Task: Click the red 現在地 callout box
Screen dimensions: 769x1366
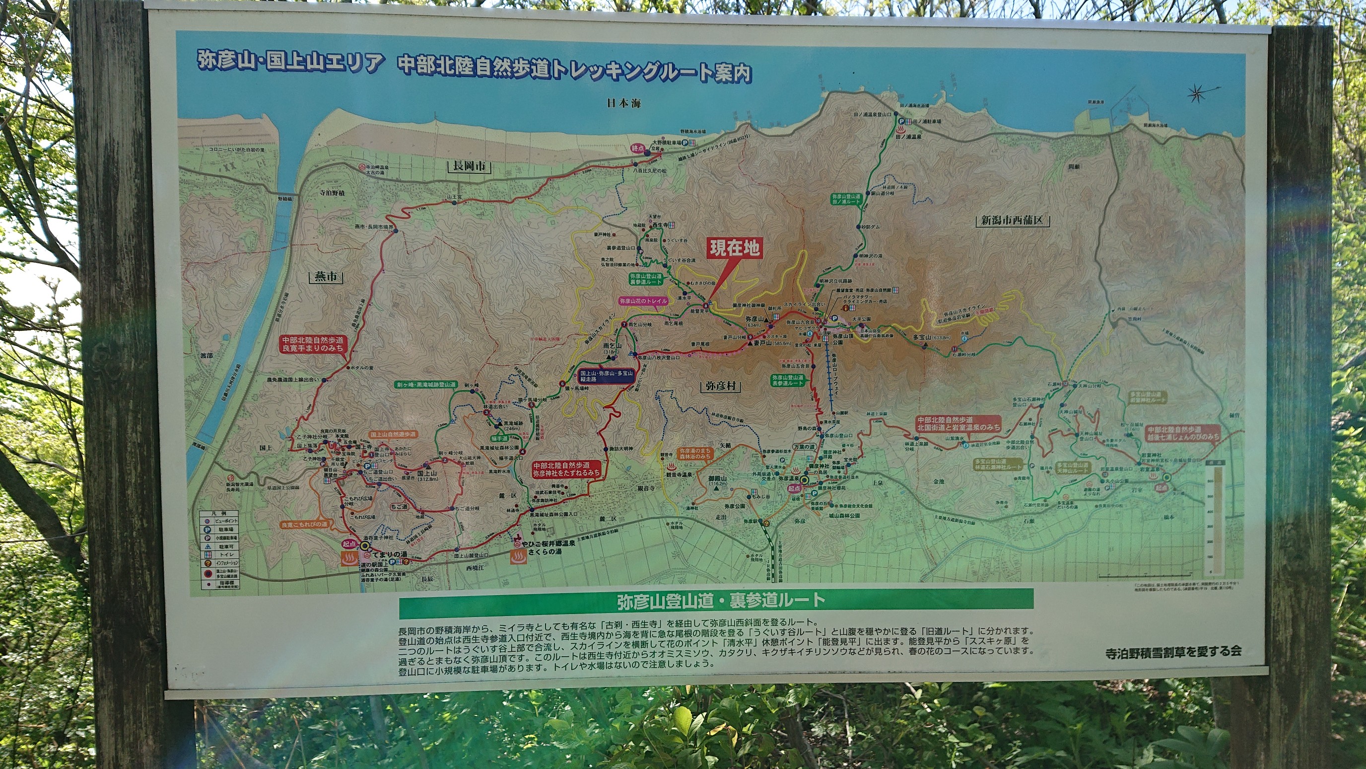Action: [x=735, y=248]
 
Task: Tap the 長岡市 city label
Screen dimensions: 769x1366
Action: [x=469, y=166]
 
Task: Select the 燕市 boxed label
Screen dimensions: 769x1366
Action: [x=326, y=277]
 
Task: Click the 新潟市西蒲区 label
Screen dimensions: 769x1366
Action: [x=1012, y=220]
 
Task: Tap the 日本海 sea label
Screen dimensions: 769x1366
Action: [x=623, y=103]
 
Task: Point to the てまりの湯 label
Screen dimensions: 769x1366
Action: [x=389, y=554]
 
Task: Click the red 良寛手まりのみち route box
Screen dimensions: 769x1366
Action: [x=313, y=344]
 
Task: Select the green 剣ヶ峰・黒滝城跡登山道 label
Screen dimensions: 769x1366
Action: [x=426, y=384]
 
